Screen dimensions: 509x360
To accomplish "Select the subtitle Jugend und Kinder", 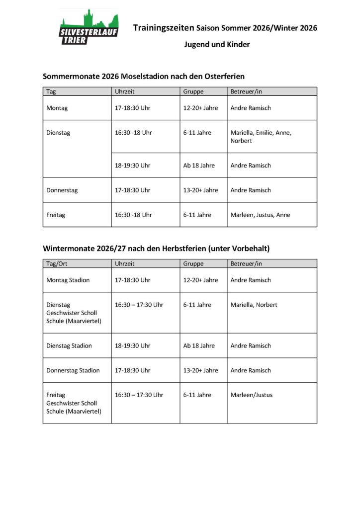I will [217, 44].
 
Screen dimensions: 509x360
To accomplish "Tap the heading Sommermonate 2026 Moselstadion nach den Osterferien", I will [144, 77].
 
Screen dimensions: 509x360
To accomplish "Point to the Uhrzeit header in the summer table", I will [125, 91].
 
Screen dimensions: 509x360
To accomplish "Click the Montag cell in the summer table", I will [57, 108].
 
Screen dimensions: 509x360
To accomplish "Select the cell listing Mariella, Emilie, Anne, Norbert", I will [261, 137].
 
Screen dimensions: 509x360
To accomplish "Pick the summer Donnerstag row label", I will [62, 190].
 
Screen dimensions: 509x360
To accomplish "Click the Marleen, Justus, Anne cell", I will [260, 215].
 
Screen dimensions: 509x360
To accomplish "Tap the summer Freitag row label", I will [56, 215].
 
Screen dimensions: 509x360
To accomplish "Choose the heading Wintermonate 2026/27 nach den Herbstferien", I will [156, 248].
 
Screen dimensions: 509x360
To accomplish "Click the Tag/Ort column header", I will [56, 263].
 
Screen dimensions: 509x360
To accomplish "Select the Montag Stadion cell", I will [68, 280].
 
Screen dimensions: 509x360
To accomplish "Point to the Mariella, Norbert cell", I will [254, 305].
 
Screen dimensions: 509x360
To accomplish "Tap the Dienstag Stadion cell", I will [69, 345].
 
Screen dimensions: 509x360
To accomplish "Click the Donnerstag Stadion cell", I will [73, 370].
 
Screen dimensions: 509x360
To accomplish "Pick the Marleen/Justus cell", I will [251, 395].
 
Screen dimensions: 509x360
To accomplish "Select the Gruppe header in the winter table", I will [193, 263].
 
